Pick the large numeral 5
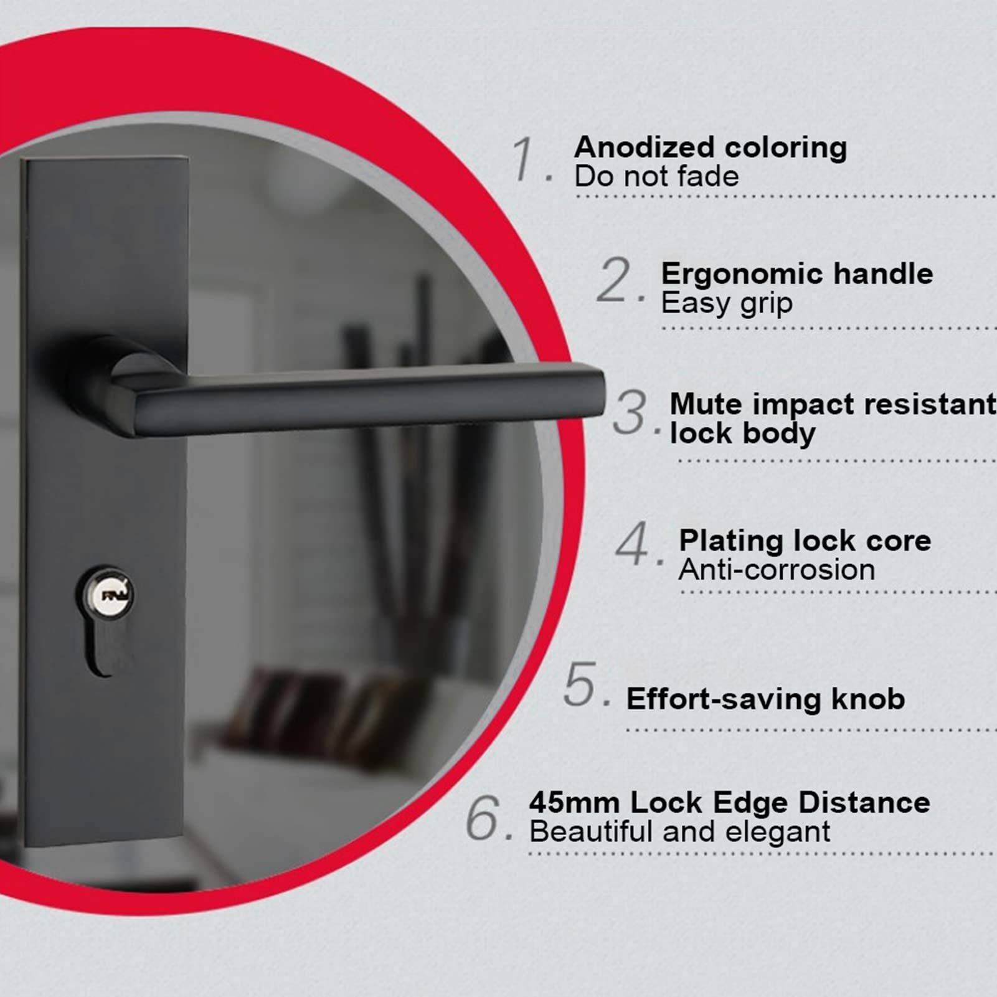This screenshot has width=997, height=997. [x=580, y=684]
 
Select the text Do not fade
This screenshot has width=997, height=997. [x=656, y=177]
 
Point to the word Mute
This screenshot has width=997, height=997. [x=706, y=404]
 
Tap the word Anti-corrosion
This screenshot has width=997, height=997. [x=777, y=570]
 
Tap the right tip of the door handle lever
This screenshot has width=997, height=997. [x=603, y=394]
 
